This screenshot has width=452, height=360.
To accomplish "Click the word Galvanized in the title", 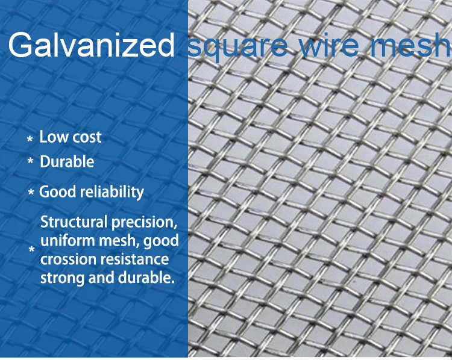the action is [92, 45].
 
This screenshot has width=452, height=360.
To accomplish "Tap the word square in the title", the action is [237, 47].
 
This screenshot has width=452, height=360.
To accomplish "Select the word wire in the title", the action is [329, 45].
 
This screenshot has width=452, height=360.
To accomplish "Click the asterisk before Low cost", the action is [30, 140].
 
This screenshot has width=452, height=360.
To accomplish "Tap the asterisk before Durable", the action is [30, 161].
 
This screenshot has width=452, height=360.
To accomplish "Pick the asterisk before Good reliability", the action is [31, 191].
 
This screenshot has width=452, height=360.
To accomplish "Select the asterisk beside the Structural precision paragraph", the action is [32, 249].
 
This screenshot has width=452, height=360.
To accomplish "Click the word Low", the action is [51, 137].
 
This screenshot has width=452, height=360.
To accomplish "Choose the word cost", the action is [85, 137].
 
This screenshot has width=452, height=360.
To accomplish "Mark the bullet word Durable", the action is [67, 161].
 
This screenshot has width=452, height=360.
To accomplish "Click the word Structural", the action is [74, 222].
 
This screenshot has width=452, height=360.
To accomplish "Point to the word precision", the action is [144, 223].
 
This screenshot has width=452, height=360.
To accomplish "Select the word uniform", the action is [68, 240].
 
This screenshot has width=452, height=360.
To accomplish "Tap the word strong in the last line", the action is [63, 278].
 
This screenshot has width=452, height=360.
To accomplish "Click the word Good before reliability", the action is [58, 192].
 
